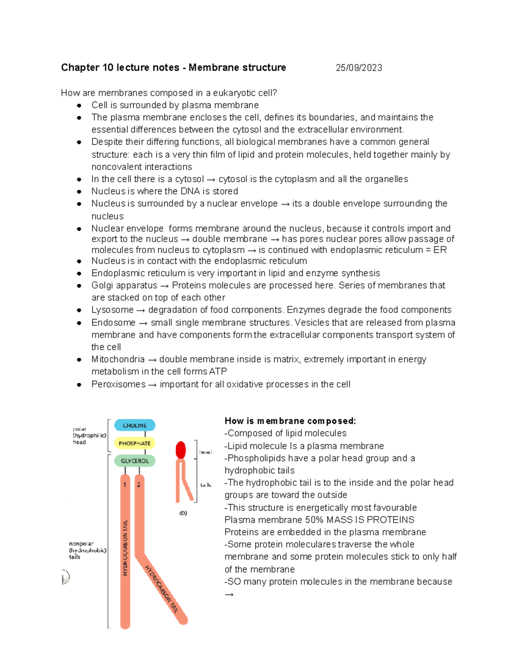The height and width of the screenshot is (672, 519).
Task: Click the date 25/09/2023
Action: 359,68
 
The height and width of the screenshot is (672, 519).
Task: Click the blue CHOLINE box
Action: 135,425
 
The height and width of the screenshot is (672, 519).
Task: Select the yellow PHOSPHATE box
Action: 135,443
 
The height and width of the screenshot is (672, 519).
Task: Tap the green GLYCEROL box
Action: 135,461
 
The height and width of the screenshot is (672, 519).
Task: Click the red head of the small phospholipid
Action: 181,450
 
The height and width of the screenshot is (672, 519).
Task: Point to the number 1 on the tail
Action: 125,485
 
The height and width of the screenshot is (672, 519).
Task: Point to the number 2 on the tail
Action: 139,485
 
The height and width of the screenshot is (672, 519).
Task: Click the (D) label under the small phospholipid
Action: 183,513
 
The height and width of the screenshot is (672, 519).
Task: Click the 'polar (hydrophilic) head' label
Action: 89,436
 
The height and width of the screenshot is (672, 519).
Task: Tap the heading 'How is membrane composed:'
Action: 290,421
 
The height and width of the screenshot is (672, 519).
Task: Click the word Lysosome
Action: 112,310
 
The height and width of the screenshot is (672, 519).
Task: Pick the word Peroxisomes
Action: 118,384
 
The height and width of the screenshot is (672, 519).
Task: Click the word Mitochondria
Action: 118,359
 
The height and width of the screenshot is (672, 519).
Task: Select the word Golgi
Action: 103,286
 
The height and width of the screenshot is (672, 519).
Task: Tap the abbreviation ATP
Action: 218,372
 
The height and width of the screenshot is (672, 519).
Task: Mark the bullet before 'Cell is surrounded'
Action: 79,105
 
